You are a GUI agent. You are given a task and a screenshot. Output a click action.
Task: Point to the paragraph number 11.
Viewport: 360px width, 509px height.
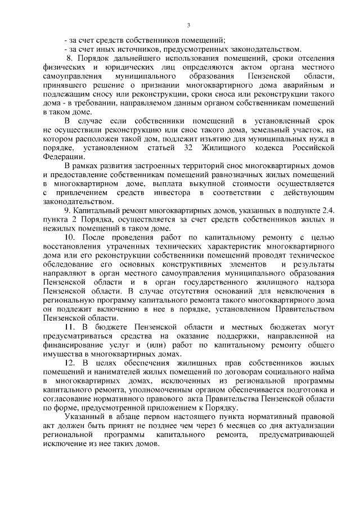point(70,327)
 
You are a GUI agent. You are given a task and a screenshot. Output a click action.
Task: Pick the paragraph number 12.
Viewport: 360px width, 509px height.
point(70,363)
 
